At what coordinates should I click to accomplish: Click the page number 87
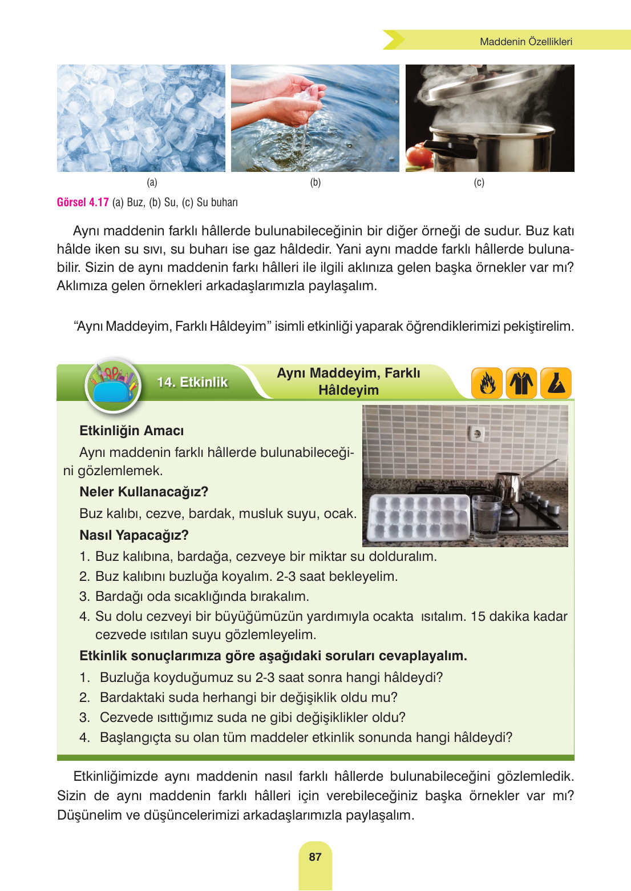pos(315,857)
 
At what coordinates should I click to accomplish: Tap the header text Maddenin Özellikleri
pos(525,42)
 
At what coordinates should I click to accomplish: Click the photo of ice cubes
pos(141,118)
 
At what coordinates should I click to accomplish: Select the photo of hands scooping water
pos(315,118)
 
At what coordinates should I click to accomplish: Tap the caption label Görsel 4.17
pos(83,202)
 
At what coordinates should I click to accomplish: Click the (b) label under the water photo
pos(315,182)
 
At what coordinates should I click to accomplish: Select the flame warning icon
pos(487,383)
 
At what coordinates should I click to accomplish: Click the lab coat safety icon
pos(521,383)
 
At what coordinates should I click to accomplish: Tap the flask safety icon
pos(556,383)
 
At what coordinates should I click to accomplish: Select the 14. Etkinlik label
pos(192,382)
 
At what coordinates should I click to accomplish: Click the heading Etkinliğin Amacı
pos(131,431)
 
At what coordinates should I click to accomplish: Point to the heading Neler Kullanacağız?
pos(144,492)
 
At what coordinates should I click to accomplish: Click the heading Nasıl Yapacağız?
pos(134,535)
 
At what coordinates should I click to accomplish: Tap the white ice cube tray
pos(418,517)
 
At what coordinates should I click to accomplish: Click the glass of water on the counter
pos(486,517)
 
